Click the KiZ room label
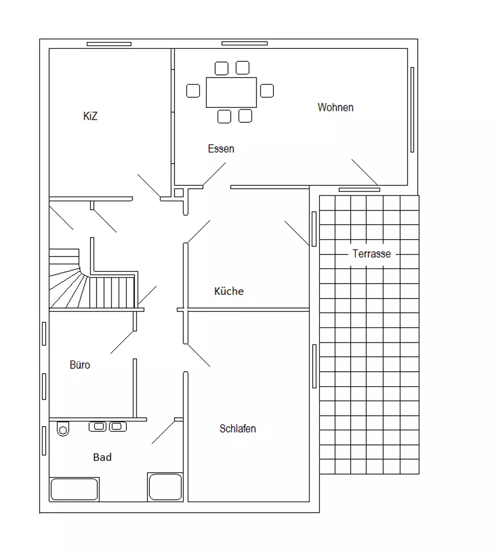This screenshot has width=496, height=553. point(90,116)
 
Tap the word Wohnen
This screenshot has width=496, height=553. point(336,107)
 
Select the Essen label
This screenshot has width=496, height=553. point(221,149)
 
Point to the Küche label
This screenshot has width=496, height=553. point(229,291)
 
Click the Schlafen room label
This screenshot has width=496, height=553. point(237,429)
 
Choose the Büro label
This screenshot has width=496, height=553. point(80,365)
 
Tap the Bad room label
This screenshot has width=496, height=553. point(102,457)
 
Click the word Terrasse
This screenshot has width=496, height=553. point(372,254)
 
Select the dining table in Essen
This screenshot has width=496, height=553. point(231,92)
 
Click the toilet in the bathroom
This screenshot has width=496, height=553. point(63,429)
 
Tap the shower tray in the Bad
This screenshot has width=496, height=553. point(165,487)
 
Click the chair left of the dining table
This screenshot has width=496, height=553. point(193,91)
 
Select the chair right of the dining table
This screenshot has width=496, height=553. point(267,91)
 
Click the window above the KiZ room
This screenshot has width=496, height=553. point(109,44)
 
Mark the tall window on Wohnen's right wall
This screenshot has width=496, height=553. point(412,110)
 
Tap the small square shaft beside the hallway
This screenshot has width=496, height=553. point(179,193)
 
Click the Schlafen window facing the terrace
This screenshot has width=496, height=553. point(314,366)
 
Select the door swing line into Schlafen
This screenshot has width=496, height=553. point(199,355)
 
